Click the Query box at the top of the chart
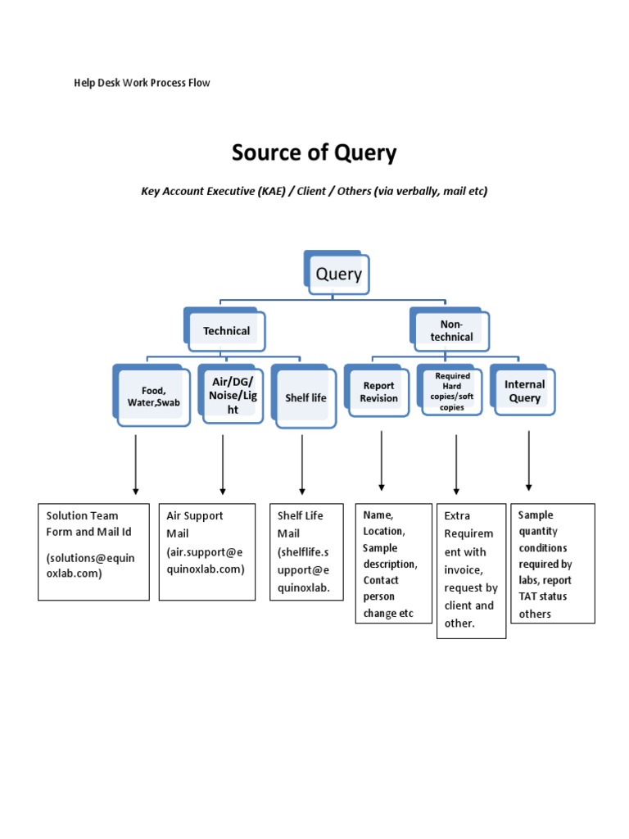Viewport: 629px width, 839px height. point(338,274)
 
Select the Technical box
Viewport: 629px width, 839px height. point(226,331)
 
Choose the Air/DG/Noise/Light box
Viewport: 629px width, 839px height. point(233,396)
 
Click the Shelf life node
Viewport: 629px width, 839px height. point(305,398)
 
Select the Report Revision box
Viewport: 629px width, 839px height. point(378,392)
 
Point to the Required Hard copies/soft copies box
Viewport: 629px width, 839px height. point(452,392)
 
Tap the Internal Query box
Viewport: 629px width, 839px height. point(524,392)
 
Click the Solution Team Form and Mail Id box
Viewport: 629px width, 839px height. point(93,551)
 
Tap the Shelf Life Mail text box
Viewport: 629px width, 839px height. point(306,551)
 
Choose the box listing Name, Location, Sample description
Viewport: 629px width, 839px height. point(393,564)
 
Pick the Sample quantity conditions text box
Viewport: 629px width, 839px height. point(553,563)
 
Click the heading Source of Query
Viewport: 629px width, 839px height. point(314,152)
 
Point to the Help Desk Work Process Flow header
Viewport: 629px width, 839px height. point(143,84)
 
